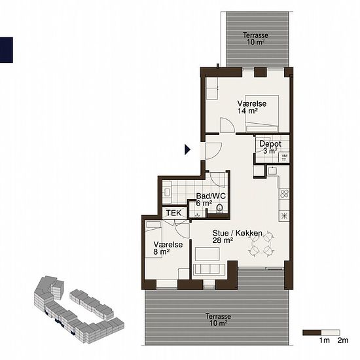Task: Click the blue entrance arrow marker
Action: (187, 149)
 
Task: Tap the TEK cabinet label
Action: (173, 213)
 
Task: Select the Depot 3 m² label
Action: (270, 147)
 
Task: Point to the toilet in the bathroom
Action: (220, 207)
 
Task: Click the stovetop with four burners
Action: (284, 194)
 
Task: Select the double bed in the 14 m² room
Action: (262, 113)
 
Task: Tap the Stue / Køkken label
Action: (238, 233)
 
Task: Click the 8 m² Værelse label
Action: (168, 248)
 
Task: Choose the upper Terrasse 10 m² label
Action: (255, 39)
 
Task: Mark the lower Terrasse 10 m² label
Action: (218, 320)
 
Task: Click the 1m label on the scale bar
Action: (325, 340)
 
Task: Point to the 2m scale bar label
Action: (343, 340)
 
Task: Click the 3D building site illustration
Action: (79, 310)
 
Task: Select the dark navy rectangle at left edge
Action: (6, 50)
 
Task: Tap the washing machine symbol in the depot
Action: (284, 158)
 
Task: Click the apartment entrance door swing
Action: (213, 151)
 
